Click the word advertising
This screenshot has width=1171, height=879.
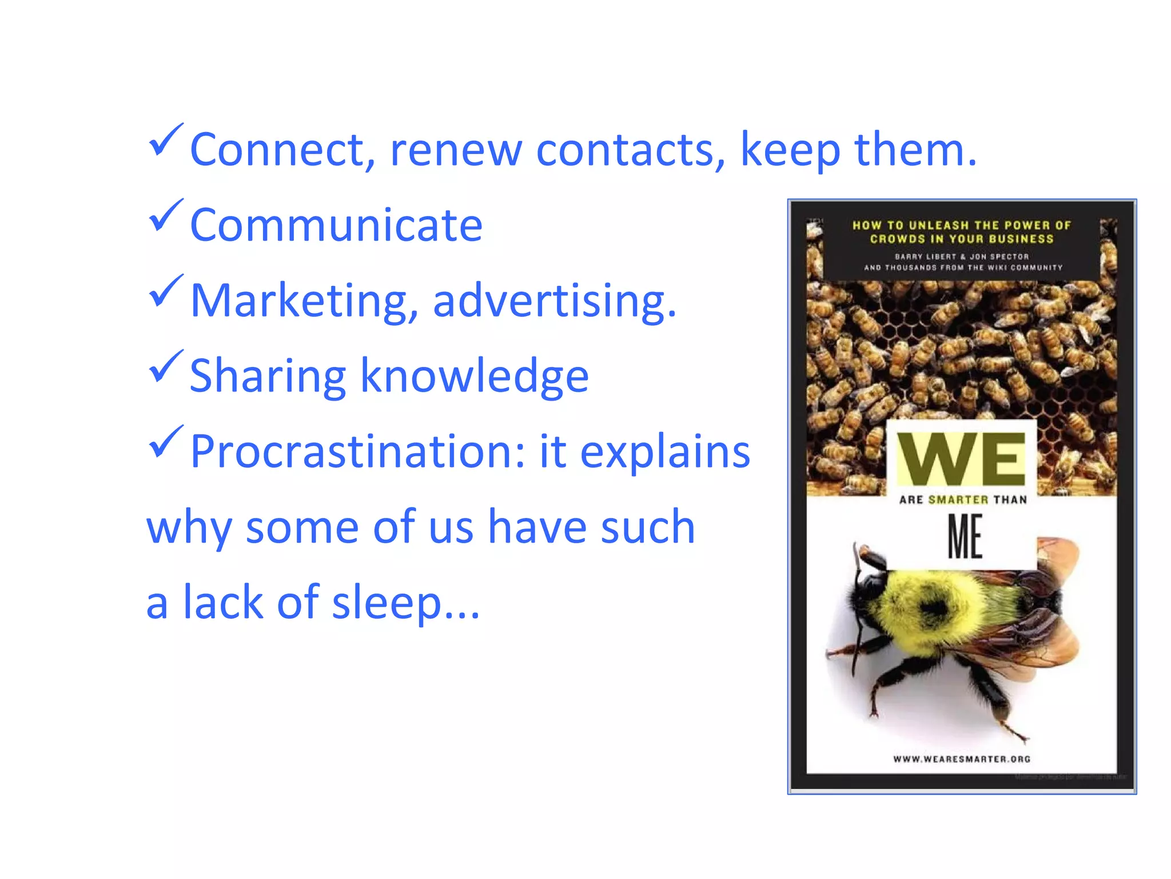pos(554,301)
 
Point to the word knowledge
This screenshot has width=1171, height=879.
pos(474,377)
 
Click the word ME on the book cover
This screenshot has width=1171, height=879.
pos(965,536)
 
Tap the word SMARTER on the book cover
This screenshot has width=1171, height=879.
pos(958,500)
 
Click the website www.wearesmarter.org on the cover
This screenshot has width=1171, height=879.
pos(962,759)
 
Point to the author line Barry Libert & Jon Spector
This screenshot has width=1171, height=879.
pos(962,256)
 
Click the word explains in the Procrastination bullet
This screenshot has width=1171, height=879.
pos(665,452)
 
